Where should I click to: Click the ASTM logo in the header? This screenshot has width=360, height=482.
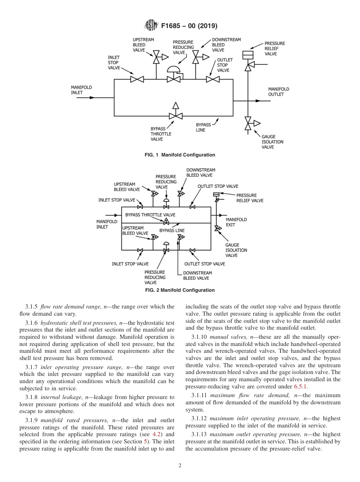coord(151,26)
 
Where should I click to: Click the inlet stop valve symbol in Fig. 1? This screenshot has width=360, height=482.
coord(137,79)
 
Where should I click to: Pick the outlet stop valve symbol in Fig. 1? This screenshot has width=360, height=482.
coord(213,79)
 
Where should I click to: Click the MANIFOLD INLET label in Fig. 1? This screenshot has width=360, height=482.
coord(81,90)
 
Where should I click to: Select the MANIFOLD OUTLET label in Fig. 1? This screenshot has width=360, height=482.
coord(279,92)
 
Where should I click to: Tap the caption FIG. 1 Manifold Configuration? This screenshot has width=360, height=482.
coord(180,155)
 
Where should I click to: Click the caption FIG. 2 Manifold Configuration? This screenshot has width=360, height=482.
coord(180,290)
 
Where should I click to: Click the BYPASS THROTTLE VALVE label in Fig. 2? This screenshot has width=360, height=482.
coord(150,215)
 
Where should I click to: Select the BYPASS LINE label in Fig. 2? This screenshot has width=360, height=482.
coord(172,230)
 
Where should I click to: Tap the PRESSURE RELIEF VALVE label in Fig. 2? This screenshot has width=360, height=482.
coord(249,198)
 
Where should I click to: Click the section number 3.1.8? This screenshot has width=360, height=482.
coord(32,397)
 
